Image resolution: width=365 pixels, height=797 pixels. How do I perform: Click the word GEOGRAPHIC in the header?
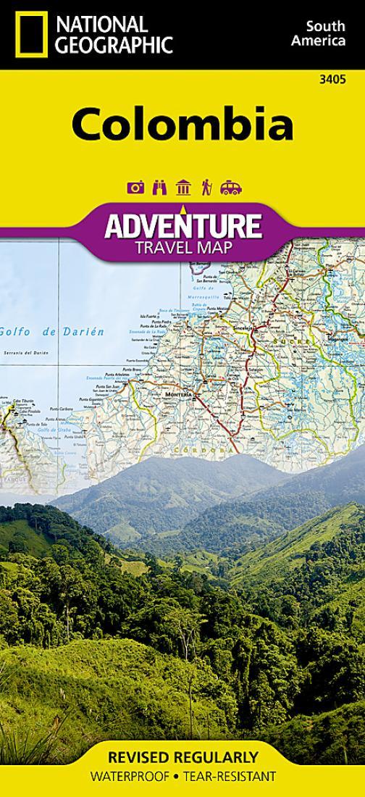tap(116, 45)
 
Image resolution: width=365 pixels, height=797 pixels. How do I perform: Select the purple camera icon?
tap(135, 188)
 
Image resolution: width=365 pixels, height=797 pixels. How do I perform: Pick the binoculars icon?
tap(159, 188)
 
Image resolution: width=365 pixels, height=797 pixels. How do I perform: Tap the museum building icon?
tap(182, 188)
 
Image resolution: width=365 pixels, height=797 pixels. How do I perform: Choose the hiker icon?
tap(206, 188)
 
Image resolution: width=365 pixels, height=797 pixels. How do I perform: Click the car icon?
tap(230, 188)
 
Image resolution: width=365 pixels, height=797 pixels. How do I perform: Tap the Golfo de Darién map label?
tap(52, 331)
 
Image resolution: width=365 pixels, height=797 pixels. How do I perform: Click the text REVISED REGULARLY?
tap(182, 758)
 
